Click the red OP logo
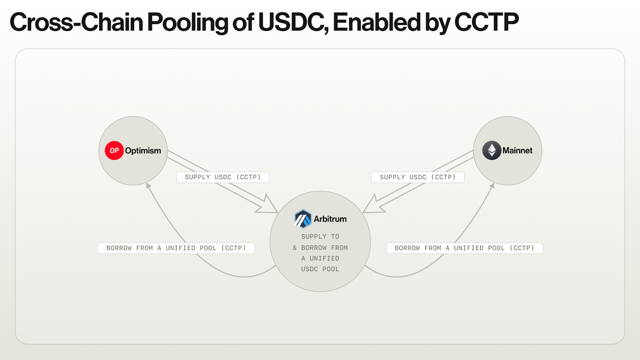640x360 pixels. [114, 150]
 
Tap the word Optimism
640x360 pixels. [143, 150]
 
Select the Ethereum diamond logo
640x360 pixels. [492, 150]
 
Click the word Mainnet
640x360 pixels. [518, 150]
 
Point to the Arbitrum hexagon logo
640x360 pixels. [303, 219]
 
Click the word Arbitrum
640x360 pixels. [330, 219]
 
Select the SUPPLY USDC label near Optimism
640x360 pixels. [223, 177]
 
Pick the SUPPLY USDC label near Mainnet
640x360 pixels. [418, 177]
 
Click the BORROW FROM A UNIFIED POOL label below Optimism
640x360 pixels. [176, 248]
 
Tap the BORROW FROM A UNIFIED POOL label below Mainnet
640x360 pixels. [464, 248]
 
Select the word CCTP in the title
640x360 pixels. [486, 22]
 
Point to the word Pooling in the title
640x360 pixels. [188, 23]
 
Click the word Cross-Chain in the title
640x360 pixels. [76, 22]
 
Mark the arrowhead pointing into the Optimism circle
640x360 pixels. [148, 186]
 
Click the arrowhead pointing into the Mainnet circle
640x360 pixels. [492, 186]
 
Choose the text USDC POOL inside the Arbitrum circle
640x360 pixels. [320, 269]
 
